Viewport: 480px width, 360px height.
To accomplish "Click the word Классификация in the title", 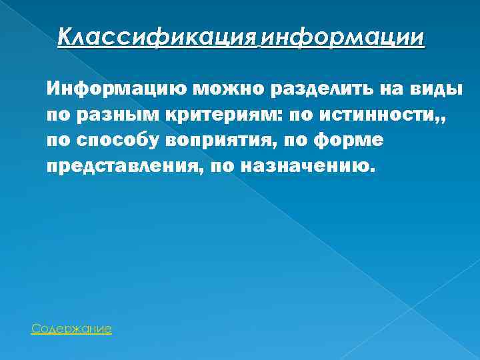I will pos(157,37).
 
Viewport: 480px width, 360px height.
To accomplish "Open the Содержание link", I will pos(71,329).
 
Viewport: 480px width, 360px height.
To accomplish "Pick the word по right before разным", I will pos(57,115).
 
